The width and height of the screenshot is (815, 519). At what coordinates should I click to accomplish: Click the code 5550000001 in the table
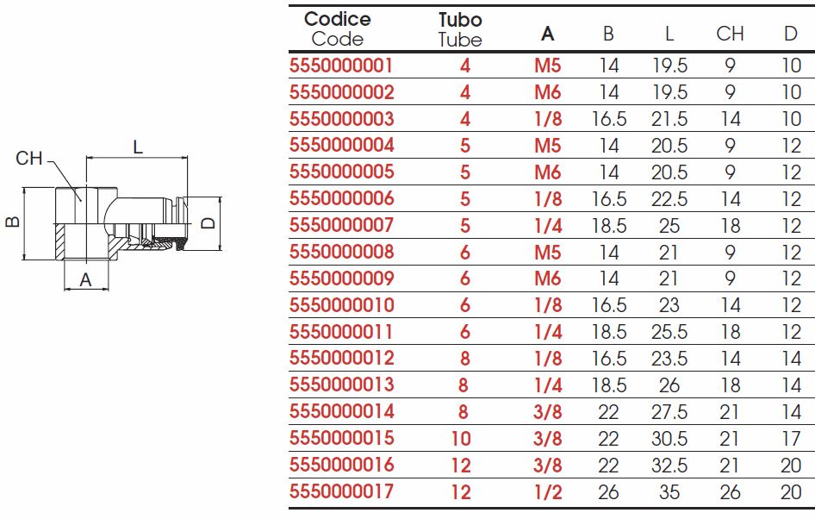[x=341, y=66]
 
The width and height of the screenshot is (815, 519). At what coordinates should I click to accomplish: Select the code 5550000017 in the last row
[x=341, y=491]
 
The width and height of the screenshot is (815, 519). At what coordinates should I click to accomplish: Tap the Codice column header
[x=338, y=19]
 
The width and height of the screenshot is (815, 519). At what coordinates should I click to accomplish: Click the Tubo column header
[x=460, y=20]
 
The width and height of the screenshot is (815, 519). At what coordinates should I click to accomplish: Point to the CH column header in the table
[x=730, y=34]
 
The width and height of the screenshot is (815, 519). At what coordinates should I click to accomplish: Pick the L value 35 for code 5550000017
[x=669, y=491]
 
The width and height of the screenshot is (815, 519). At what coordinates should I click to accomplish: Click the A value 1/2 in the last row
[x=548, y=491]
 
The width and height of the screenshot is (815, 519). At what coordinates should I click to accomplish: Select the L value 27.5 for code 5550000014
[x=669, y=412]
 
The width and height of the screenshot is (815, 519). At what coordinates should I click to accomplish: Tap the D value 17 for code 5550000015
[x=791, y=439]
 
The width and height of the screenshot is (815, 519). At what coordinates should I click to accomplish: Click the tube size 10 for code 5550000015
[x=461, y=439]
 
